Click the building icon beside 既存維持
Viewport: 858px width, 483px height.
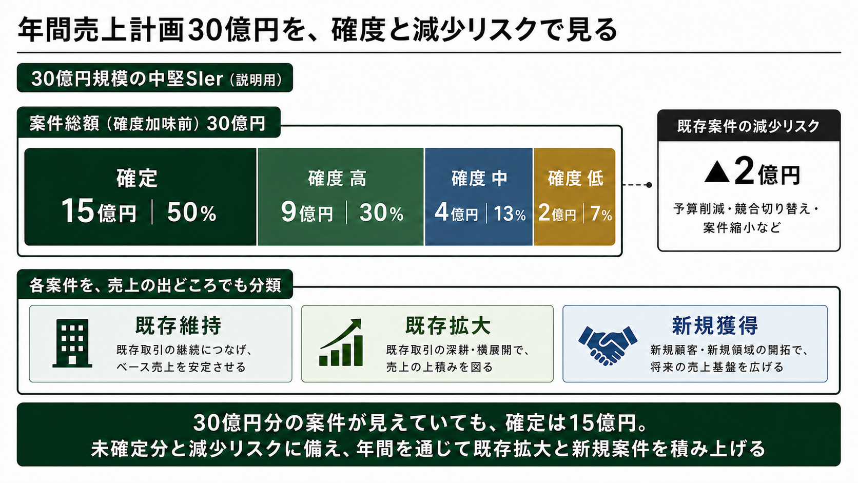(72, 343)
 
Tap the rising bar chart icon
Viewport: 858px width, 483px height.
(341, 342)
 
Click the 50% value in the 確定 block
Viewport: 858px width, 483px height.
(191, 212)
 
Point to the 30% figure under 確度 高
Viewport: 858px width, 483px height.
(381, 213)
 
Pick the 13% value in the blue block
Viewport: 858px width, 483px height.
(510, 214)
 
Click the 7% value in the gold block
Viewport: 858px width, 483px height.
(601, 214)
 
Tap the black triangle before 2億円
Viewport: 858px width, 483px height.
(717, 172)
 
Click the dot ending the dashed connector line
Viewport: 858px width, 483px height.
(649, 185)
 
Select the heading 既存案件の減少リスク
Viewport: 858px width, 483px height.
(749, 126)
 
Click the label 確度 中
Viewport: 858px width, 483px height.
(479, 179)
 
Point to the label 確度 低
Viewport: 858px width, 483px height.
(576, 179)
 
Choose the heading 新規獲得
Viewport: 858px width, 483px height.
(715, 325)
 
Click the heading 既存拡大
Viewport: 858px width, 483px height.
(448, 325)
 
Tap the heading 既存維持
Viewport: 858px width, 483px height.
(179, 325)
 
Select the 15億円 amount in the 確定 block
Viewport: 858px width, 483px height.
(99, 211)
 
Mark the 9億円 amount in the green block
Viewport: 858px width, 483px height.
(307, 212)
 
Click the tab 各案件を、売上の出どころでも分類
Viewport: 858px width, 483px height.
(155, 284)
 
